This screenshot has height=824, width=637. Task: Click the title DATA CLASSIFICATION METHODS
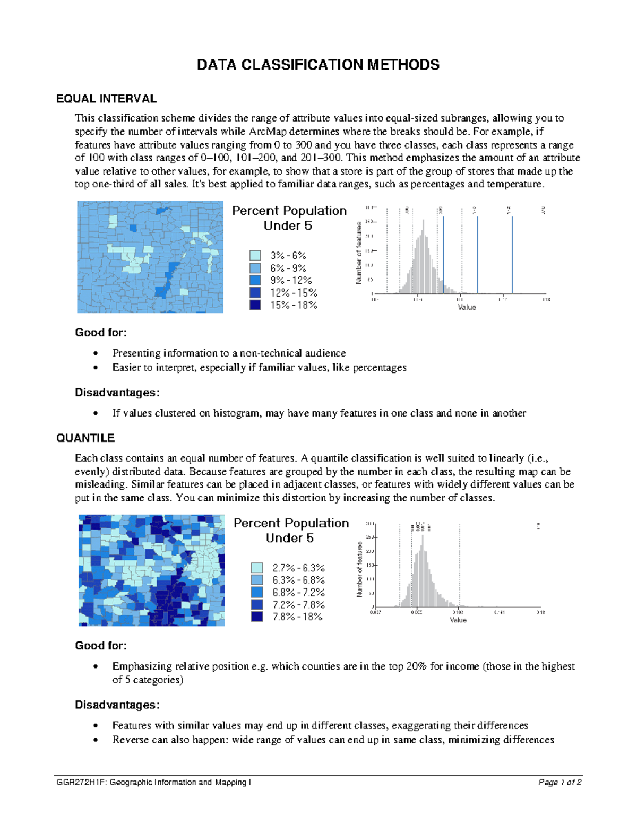(x=318, y=65)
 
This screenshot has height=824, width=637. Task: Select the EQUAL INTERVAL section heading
(x=106, y=99)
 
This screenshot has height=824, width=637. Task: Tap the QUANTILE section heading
(x=85, y=438)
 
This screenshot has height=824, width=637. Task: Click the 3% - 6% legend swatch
(x=255, y=256)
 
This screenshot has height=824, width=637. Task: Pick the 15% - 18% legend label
(x=294, y=306)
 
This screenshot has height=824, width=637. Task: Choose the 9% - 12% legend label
(x=291, y=281)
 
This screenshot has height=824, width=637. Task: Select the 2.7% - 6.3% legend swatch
(x=257, y=568)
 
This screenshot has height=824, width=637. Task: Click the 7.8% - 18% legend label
(x=298, y=617)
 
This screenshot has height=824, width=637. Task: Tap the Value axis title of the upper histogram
(x=467, y=307)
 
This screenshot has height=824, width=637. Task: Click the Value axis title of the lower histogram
(x=458, y=620)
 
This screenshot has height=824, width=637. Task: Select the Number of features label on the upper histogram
(x=359, y=253)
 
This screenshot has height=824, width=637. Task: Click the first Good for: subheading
(x=101, y=333)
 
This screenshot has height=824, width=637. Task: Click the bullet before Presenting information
(x=96, y=354)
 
